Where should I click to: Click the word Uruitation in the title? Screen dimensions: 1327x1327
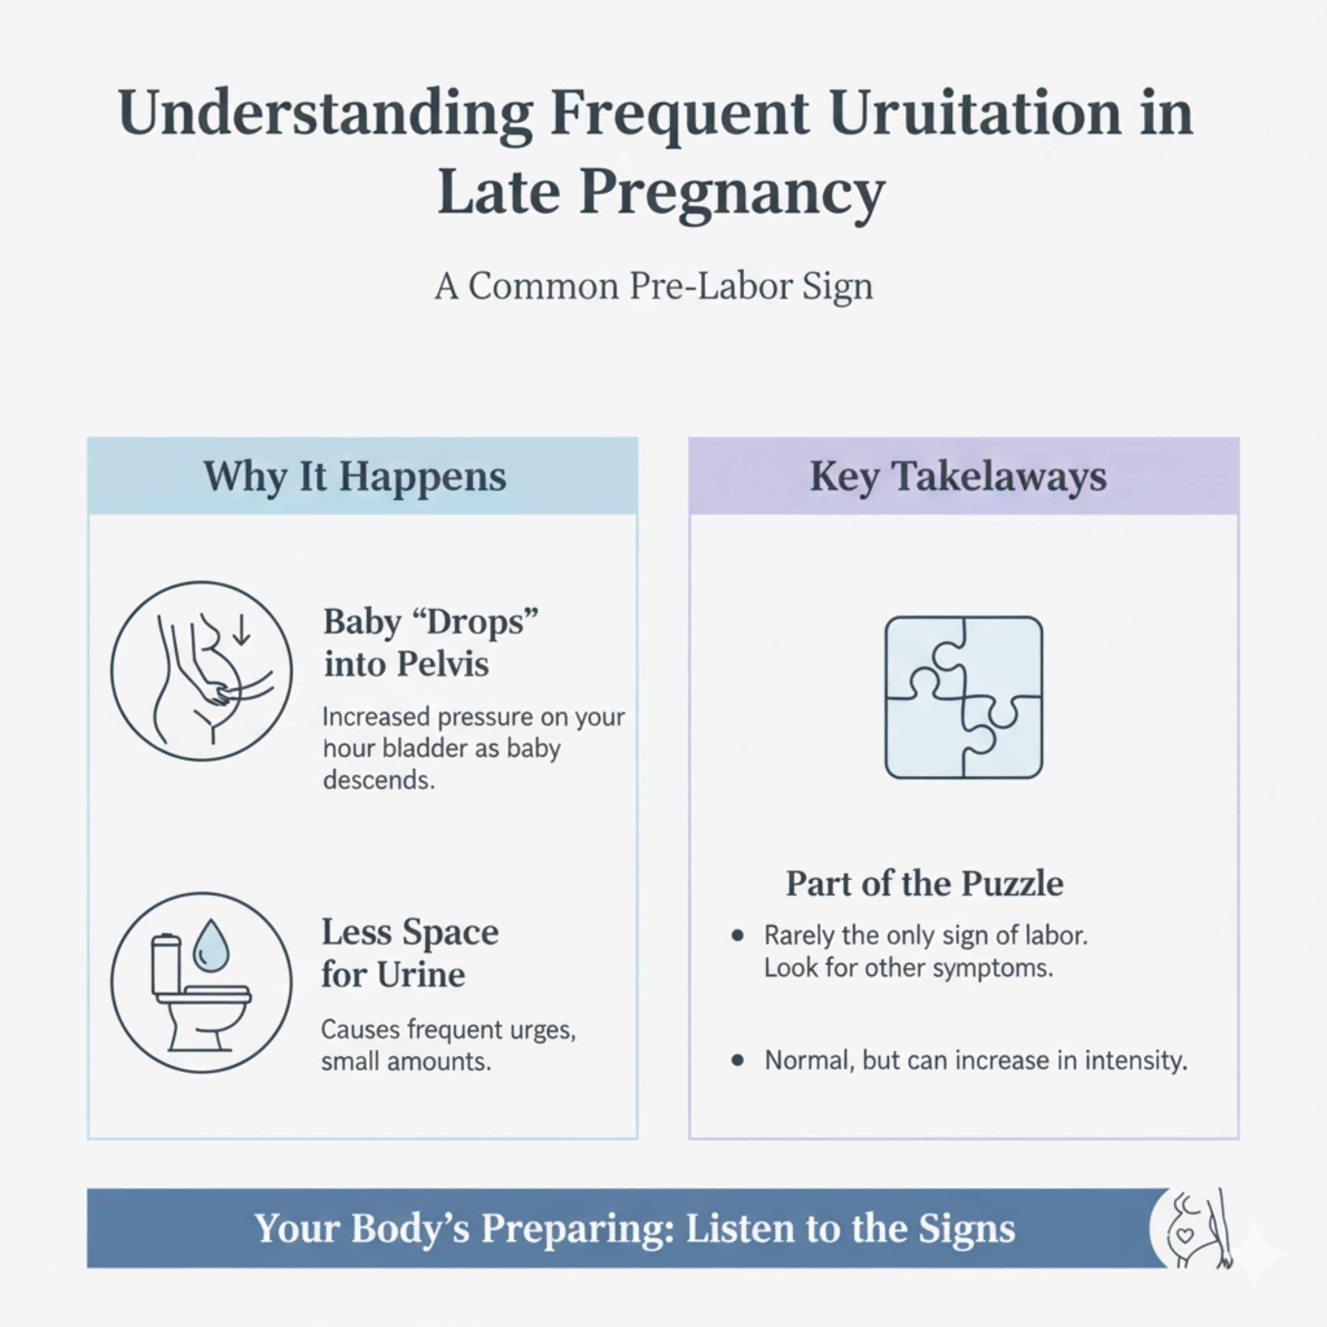pos(975,113)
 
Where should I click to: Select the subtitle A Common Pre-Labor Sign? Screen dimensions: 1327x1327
pos(654,286)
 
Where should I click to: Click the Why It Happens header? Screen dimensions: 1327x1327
pos(354,476)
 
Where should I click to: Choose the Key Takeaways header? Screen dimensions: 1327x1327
pos(958,476)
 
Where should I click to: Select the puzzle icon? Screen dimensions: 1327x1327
pos(964,697)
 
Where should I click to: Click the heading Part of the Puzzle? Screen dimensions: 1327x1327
pos(924,884)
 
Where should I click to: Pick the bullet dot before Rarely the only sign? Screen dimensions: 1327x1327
pos(738,936)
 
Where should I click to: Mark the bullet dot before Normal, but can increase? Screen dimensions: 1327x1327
pos(738,1060)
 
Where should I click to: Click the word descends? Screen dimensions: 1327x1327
pos(378,780)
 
